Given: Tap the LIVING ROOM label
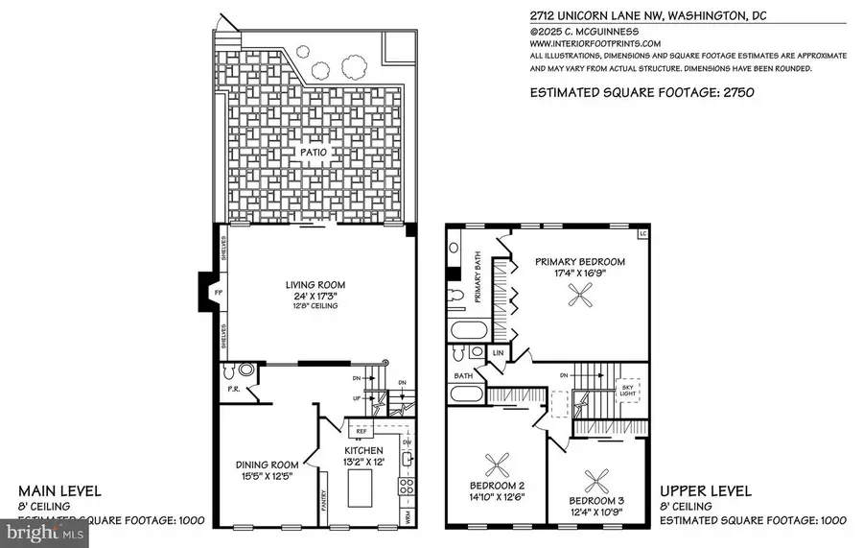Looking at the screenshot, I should click(314, 285).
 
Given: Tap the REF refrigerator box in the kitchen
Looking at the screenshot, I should click(362, 432).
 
